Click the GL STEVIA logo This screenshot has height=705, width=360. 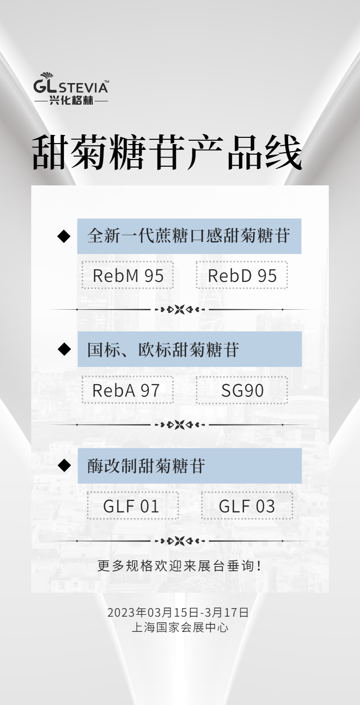point(71,84)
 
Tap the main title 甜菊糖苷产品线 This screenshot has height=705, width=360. point(167,153)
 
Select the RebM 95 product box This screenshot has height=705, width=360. point(128,276)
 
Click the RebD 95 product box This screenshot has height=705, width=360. point(242,276)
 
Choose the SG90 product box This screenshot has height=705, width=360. point(242,390)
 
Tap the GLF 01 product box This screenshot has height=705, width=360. point(133,506)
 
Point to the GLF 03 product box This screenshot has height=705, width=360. point(247,506)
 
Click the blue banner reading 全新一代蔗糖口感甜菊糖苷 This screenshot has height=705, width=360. point(189,236)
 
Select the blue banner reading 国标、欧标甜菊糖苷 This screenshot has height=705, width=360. point(190,349)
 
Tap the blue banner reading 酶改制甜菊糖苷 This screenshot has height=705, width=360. point(190,466)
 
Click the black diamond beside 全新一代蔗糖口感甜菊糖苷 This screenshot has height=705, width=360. point(64,236)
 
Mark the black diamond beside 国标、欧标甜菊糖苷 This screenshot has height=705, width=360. point(64,349)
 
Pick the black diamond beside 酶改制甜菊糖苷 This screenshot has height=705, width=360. point(64,465)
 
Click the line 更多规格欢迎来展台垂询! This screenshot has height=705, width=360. point(180,566)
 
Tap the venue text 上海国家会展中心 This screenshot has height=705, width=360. point(180,627)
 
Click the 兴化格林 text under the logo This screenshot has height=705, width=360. point(71,101)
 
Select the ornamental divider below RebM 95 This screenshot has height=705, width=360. point(180,310)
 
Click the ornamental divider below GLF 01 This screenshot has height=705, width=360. point(180,541)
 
